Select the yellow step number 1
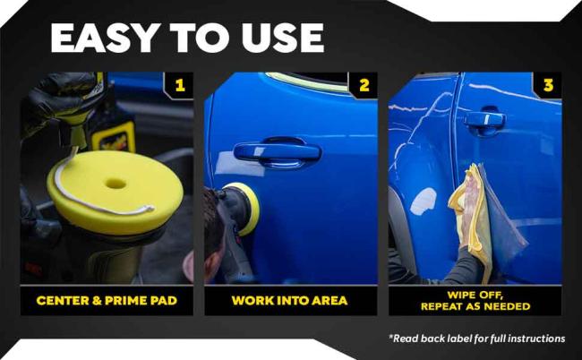[180, 85]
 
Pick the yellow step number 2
[364, 85]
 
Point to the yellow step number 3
[548, 85]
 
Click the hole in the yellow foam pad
[116, 183]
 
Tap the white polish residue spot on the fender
[424, 201]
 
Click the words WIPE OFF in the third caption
[475, 296]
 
